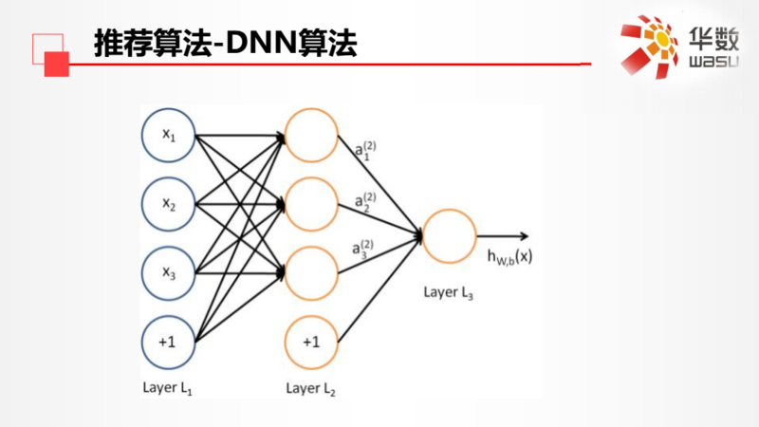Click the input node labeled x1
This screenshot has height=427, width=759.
(x=168, y=136)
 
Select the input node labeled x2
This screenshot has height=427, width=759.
(x=168, y=205)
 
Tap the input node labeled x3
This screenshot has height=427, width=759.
(x=168, y=274)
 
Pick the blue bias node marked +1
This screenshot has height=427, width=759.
(x=168, y=342)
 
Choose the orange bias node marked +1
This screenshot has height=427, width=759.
(x=311, y=342)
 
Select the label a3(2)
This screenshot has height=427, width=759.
(x=363, y=248)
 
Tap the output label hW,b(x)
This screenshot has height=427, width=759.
(x=509, y=255)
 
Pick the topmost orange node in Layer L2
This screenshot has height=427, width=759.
(x=311, y=136)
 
